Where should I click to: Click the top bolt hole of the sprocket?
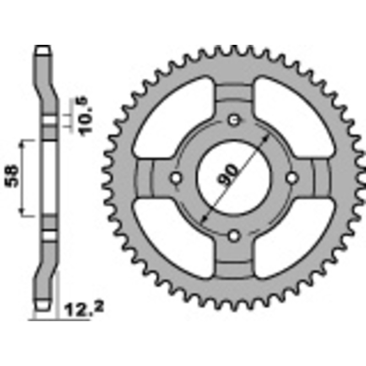[x=234, y=120]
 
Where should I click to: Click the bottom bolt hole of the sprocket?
[x=234, y=235]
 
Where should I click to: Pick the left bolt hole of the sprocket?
[x=176, y=178]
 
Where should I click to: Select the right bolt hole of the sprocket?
[x=292, y=178]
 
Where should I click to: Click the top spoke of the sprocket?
[x=234, y=96]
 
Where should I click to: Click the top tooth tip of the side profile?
[x=42, y=49]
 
